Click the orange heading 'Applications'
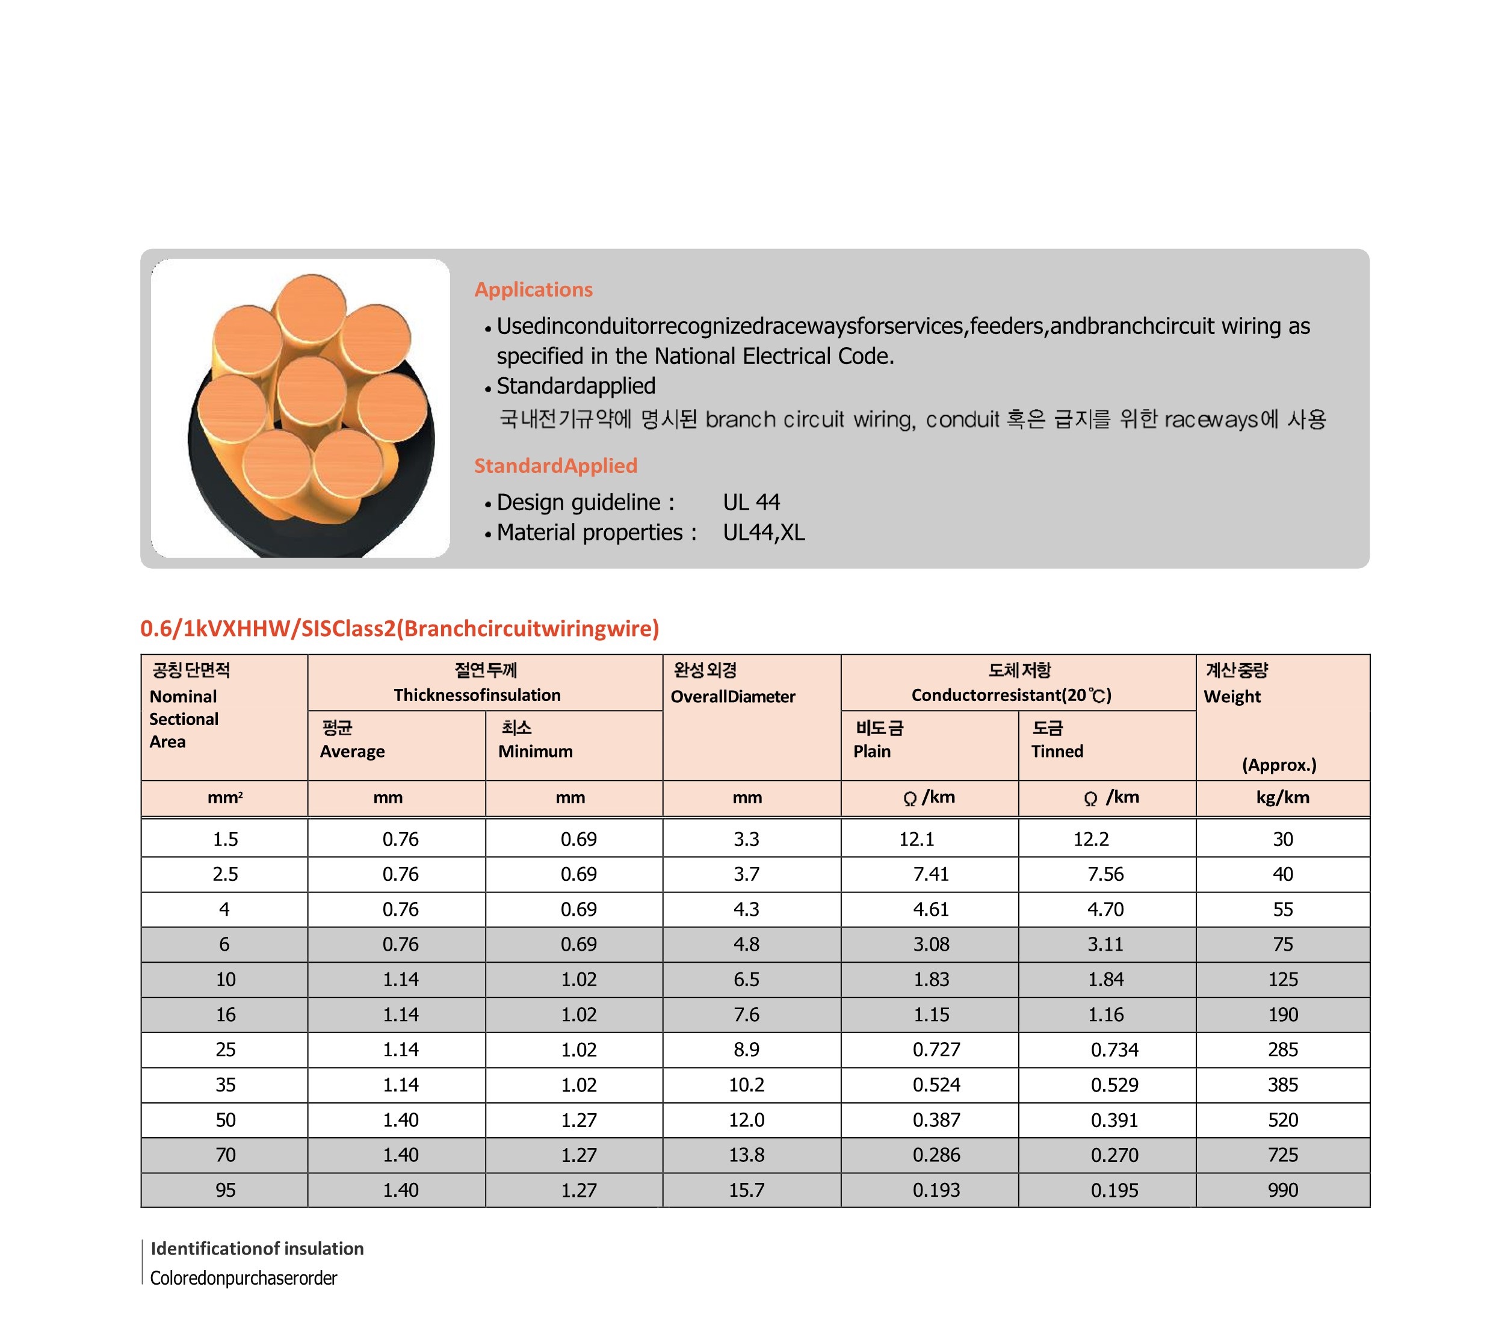tap(533, 289)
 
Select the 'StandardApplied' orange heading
tap(555, 466)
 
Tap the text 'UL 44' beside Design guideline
tap(750, 502)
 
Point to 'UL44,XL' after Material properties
tap(763, 532)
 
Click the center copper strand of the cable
tap(312, 391)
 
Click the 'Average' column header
tap(352, 751)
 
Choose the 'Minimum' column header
tap(535, 751)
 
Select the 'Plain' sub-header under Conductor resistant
tap(871, 751)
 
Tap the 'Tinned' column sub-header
tap(1057, 751)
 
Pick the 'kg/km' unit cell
tap(1282, 797)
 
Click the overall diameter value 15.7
tap(746, 1190)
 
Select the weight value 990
tap(1282, 1190)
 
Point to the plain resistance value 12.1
tap(916, 839)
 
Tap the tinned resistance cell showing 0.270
tap(1114, 1155)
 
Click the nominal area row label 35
tap(225, 1085)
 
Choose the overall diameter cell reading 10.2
tap(746, 1085)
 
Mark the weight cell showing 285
tap(1282, 1049)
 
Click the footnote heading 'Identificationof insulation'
tap(257, 1249)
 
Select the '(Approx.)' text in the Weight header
tap(1278, 765)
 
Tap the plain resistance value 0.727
tap(936, 1049)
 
